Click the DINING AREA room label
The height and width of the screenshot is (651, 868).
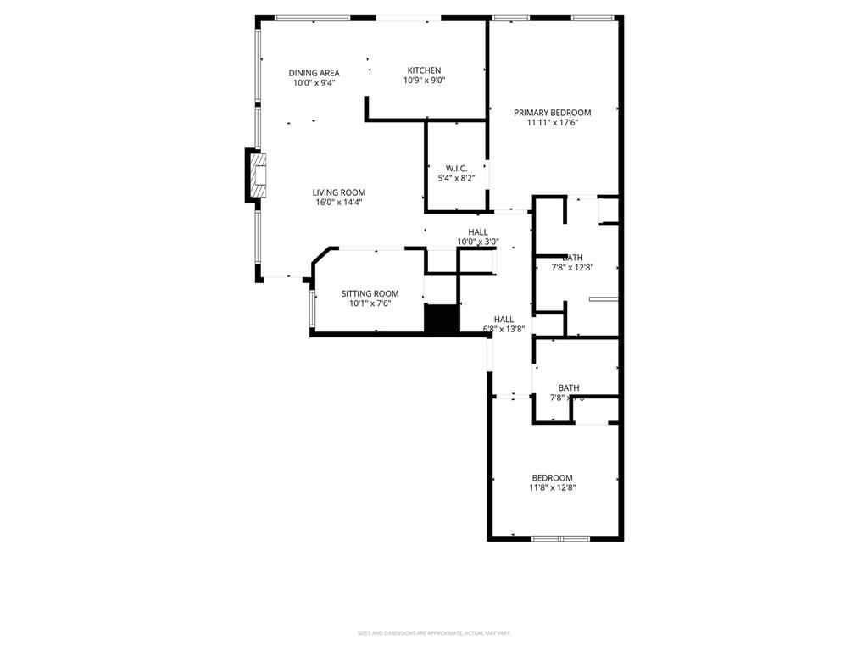(x=314, y=73)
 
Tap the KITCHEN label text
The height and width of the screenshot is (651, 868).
(x=424, y=70)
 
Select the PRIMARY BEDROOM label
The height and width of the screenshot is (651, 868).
(x=552, y=112)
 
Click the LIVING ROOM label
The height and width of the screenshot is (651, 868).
(x=338, y=192)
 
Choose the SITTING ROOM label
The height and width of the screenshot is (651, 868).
(x=370, y=293)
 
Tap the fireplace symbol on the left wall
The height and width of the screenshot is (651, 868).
(x=258, y=175)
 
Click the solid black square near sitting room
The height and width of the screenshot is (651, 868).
(x=440, y=320)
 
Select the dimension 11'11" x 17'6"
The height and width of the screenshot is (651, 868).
(x=552, y=123)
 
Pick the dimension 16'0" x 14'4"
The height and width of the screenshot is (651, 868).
(x=338, y=203)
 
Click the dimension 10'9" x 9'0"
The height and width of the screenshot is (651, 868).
(x=424, y=81)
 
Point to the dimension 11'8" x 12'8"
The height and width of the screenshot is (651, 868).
(x=552, y=487)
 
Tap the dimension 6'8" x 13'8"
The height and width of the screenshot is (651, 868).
(x=504, y=329)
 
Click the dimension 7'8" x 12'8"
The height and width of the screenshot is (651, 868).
(x=572, y=268)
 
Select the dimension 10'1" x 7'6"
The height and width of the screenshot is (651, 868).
(x=370, y=303)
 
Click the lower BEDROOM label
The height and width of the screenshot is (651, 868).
(x=552, y=477)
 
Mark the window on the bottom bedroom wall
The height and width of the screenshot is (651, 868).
(x=560, y=538)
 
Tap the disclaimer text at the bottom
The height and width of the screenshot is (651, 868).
(x=434, y=632)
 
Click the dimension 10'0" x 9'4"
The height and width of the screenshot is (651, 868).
(x=314, y=83)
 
